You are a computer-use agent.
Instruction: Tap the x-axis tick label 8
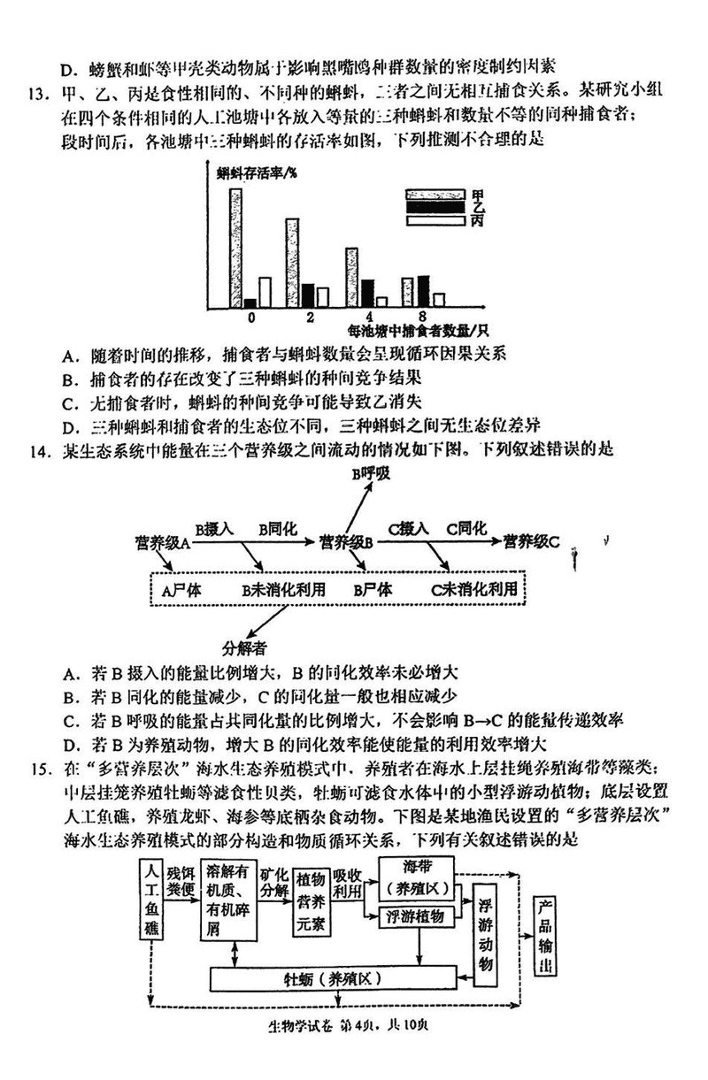click(x=423, y=316)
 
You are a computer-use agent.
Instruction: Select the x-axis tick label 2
click(x=309, y=316)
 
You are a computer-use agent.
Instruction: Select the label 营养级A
click(x=163, y=541)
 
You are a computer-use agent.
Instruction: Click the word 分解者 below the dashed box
click(x=245, y=647)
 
